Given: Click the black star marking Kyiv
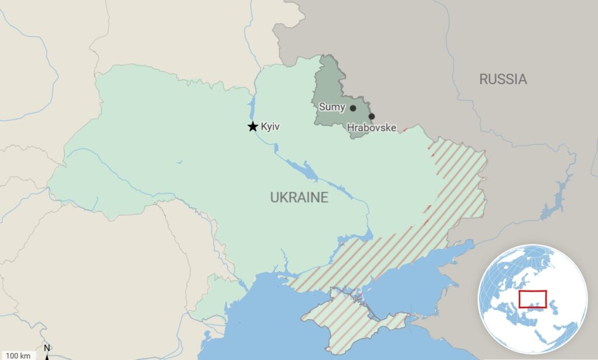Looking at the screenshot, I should click(x=252, y=126).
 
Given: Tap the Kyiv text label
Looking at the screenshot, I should click(x=270, y=126).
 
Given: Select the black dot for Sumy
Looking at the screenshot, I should click(x=353, y=108).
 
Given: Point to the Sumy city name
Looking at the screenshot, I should click(x=332, y=108).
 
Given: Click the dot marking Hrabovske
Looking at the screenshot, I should click(x=371, y=116).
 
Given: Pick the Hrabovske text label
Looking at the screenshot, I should click(x=371, y=127).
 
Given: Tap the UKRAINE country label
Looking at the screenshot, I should click(x=298, y=198).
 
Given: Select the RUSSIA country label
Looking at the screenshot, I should click(x=503, y=79).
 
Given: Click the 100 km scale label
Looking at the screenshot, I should click(x=18, y=355).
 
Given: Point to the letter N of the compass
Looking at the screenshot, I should click(x=47, y=348).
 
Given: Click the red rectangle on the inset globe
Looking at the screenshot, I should click(x=532, y=299).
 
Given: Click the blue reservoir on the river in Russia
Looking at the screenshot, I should click(x=552, y=202).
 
